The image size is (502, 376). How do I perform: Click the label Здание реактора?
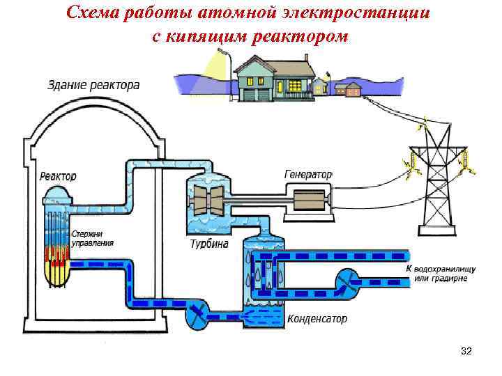(93, 86)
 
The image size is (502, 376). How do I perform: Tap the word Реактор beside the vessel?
(58, 176)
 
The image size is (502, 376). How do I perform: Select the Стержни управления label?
(92, 239)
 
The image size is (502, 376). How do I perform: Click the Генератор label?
(308, 173)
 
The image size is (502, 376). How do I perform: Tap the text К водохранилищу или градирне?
(441, 274)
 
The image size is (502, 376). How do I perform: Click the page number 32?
(466, 352)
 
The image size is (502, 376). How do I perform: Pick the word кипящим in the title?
(207, 36)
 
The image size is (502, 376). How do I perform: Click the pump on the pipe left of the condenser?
(197, 317)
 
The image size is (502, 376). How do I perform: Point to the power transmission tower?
(436, 181)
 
